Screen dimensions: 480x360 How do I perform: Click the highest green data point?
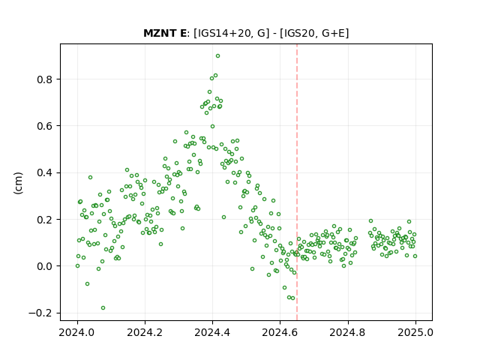[x=217, y=56]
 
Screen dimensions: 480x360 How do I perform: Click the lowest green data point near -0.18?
[x=103, y=308]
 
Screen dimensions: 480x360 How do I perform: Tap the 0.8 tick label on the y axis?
[x=44, y=79]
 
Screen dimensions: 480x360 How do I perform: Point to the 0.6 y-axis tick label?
[x=44, y=126]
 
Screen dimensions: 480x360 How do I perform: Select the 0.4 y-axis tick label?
[x=44, y=173]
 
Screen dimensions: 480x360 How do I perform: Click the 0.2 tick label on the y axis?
[x=44, y=220]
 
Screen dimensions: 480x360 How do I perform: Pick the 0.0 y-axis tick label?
[x=44, y=266]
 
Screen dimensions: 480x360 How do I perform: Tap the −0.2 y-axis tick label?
[x=40, y=313]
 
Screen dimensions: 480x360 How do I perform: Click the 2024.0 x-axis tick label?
[x=77, y=332]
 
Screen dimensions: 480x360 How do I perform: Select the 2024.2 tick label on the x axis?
[x=145, y=332]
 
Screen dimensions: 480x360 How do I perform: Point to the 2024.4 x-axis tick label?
[x=212, y=332]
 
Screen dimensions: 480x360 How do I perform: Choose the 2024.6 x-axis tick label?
[x=280, y=332]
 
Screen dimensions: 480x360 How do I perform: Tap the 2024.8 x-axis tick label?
[x=348, y=332]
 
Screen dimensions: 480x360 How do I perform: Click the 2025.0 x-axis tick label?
[x=415, y=332]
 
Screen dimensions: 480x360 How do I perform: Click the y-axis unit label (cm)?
[x=18, y=183]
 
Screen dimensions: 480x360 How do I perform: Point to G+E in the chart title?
[x=334, y=33]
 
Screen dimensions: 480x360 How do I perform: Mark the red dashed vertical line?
[x=297, y=182]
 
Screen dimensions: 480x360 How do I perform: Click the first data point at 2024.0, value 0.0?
[x=77, y=266]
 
